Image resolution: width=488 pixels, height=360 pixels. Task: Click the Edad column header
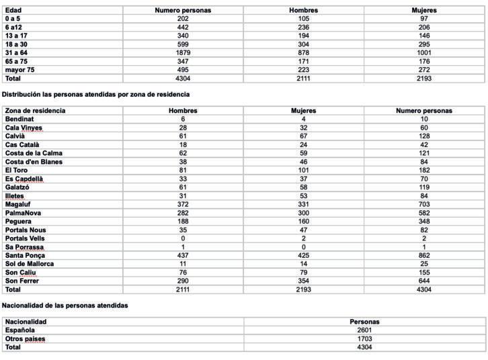[13, 11]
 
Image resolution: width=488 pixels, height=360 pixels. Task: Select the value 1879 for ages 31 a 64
[184, 52]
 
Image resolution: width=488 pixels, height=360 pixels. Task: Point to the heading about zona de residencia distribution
[96, 95]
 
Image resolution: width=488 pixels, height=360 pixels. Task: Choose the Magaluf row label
[18, 204]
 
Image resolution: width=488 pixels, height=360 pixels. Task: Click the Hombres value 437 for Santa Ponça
[183, 255]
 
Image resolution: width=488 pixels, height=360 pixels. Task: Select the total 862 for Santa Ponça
[423, 255]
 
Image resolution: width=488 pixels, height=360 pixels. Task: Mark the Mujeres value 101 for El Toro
[303, 170]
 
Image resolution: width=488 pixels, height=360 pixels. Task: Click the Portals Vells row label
[26, 238]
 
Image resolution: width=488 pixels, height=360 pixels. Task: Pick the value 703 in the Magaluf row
[423, 204]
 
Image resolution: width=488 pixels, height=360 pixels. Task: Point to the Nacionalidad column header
[26, 322]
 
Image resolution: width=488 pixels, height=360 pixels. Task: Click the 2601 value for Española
[365, 330]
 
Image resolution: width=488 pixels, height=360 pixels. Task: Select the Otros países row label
[26, 339]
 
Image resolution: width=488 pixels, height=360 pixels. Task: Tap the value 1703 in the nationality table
[365, 339]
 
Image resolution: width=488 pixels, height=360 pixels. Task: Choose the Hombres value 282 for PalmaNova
[183, 212]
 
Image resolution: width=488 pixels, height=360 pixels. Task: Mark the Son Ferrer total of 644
[423, 281]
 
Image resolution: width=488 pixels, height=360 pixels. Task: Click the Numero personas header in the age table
[184, 11]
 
